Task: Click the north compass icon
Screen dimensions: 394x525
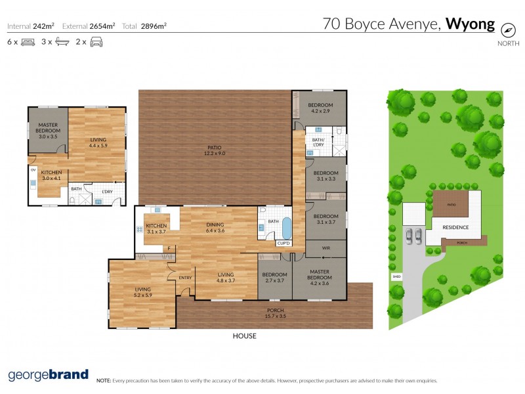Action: click(507, 30)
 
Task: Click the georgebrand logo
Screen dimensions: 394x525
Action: click(48, 375)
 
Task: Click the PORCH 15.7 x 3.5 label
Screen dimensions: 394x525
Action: click(276, 313)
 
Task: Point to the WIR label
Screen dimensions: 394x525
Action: click(325, 249)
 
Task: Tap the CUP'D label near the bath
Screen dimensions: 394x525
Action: click(283, 244)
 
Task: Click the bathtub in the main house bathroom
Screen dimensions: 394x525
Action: click(287, 227)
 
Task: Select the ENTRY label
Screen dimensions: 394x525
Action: click(184, 278)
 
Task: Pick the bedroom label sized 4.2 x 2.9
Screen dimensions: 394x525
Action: click(321, 108)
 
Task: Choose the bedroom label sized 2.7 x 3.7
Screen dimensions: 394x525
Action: click(274, 278)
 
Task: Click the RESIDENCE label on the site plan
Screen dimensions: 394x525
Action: click(455, 227)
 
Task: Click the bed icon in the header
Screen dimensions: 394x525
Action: click(28, 42)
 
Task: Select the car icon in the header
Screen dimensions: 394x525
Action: click(96, 42)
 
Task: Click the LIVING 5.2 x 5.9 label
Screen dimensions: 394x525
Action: click(142, 292)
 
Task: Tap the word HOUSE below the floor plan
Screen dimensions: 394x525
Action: click(244, 336)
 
